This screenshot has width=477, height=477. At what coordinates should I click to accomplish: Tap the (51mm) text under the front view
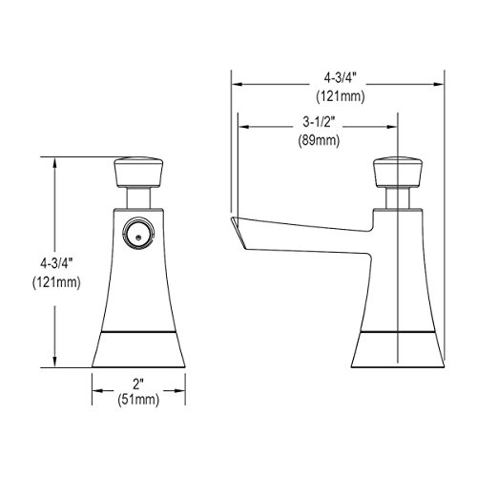138,400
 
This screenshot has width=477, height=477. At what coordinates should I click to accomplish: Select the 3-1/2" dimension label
318,122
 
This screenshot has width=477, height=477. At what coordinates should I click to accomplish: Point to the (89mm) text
319,140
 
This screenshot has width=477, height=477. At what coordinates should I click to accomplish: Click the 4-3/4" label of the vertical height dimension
56,264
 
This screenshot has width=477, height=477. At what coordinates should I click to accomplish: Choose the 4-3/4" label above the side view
340,78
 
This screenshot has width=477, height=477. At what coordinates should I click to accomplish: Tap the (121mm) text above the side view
341,96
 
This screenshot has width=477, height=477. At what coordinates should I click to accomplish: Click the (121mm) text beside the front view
56,282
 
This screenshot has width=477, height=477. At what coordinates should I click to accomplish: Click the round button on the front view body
138,233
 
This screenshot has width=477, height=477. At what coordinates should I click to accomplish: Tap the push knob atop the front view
138,172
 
